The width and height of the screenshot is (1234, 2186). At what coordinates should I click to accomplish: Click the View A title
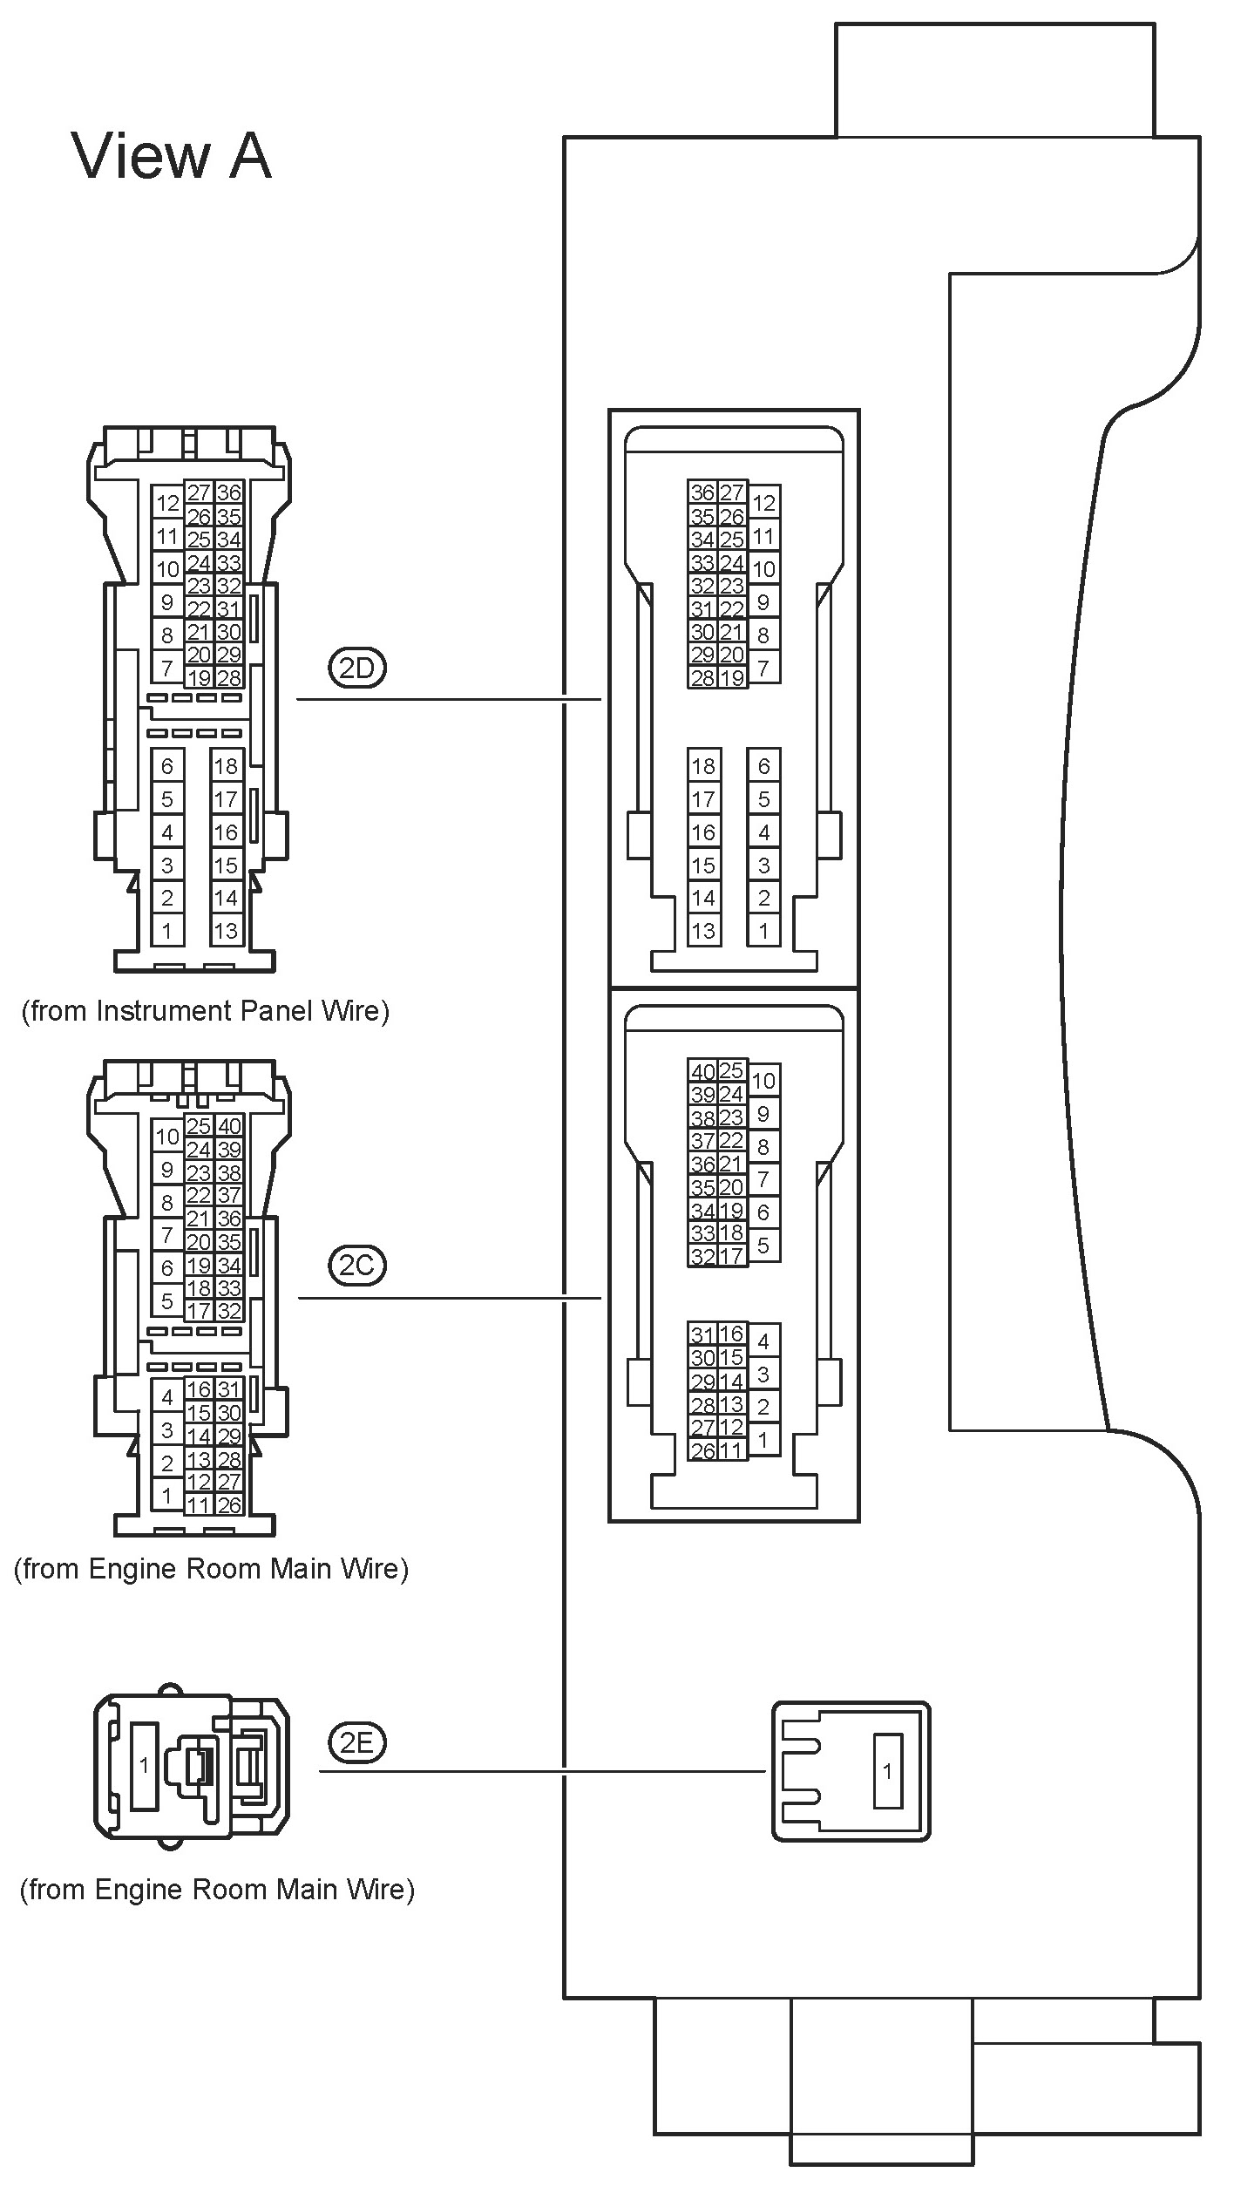(172, 157)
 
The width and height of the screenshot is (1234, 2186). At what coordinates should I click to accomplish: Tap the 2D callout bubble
(357, 669)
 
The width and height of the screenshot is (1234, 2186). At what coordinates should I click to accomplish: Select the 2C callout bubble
(357, 1266)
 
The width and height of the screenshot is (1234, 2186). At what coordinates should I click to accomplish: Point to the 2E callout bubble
(357, 1742)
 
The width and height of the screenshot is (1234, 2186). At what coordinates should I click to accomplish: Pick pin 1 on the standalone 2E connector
(144, 1765)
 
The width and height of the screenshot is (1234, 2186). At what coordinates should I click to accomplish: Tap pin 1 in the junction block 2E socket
(887, 1771)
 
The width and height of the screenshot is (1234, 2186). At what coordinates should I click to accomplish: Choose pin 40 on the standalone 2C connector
(229, 1126)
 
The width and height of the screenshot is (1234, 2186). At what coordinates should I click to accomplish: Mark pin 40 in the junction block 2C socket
(702, 1071)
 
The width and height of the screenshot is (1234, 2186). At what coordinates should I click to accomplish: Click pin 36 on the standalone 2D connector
(229, 492)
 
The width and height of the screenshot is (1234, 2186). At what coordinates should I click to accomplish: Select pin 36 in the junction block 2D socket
(702, 492)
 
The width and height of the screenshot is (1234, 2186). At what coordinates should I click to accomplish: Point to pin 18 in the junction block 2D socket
(703, 766)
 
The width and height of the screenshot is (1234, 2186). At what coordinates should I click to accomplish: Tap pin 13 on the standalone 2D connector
(226, 931)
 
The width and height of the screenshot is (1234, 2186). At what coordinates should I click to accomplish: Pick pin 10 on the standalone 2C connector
(167, 1137)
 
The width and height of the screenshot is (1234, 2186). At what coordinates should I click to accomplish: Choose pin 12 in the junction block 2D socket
(763, 503)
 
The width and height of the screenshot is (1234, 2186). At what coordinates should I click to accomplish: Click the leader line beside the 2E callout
(540, 1770)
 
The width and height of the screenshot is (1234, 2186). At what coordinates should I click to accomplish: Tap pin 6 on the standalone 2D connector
(167, 766)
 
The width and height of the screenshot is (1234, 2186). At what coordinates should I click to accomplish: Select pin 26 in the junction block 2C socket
(702, 1450)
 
